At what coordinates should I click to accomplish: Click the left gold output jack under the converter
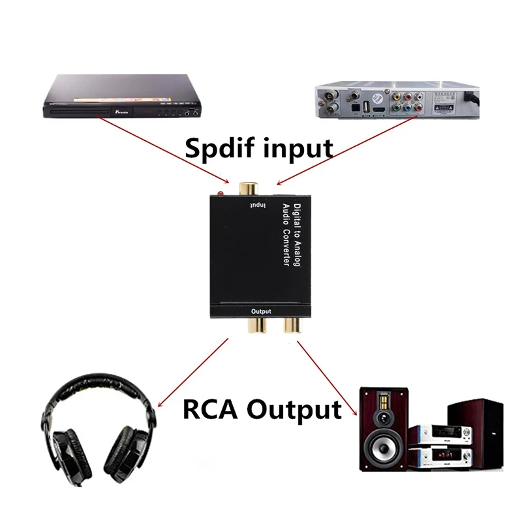[259, 324]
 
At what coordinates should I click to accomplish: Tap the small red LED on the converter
[222, 194]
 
